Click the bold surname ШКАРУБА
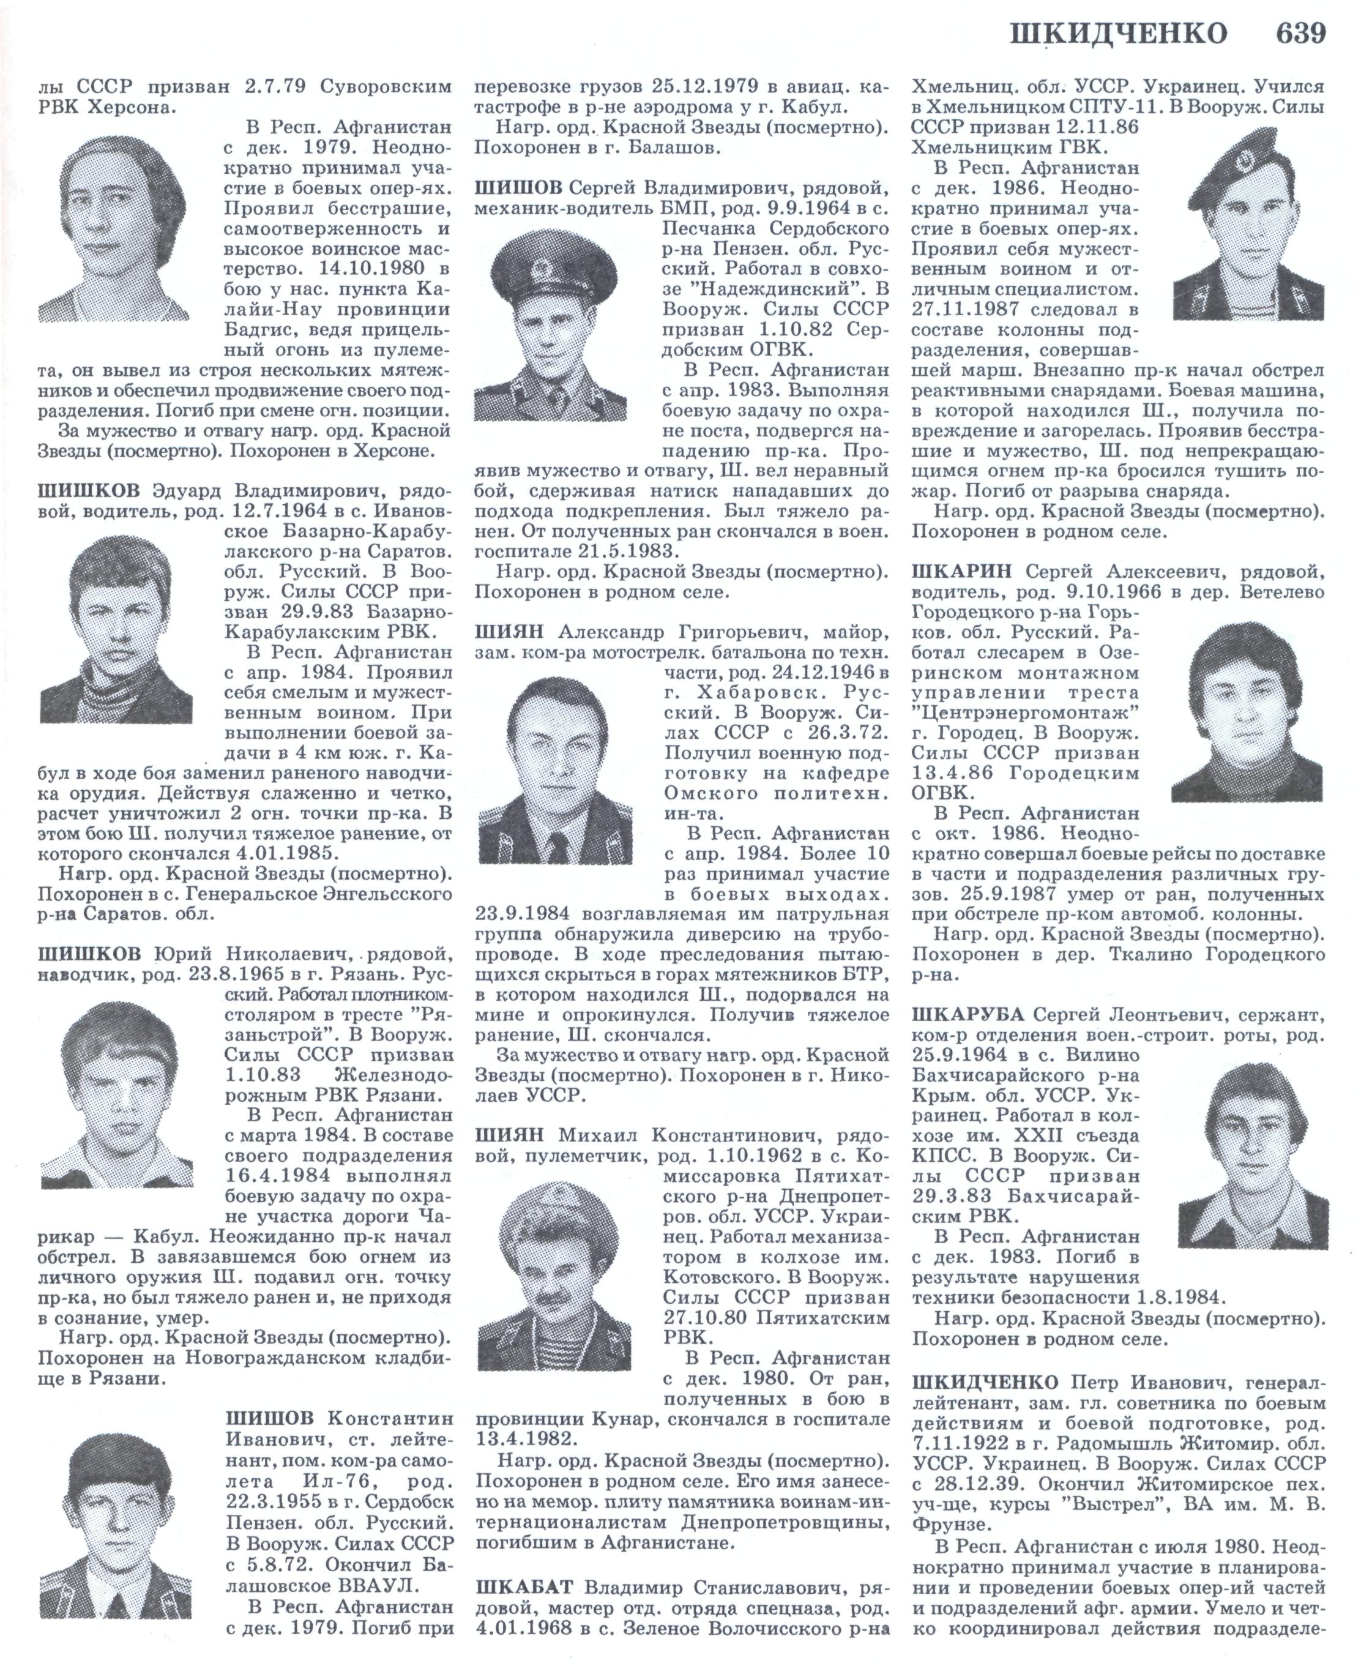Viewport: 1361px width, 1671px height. tap(968, 1015)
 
